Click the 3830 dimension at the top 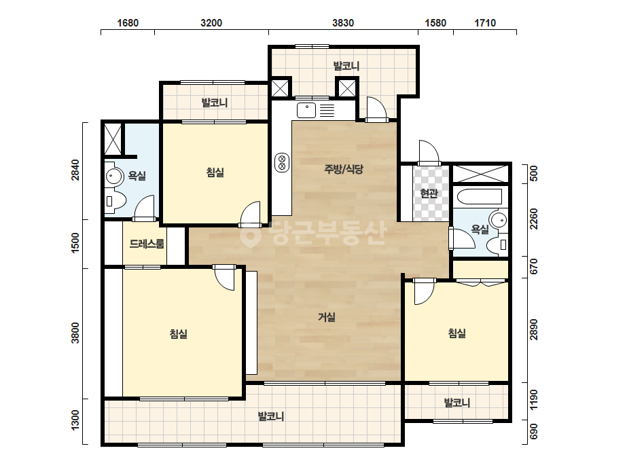click(342, 23)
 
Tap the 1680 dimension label click(128, 23)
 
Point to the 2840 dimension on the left click(75, 170)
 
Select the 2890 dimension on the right click(533, 330)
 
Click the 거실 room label click(326, 317)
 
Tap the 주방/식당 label click(344, 169)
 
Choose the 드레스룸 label click(147, 244)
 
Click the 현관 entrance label click(429, 194)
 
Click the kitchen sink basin click(306, 111)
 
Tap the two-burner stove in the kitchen click(282, 162)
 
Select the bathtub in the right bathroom click(480, 196)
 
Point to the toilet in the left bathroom click(115, 200)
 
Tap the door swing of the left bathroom click(144, 207)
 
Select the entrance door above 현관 click(429, 153)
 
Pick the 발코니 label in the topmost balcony click(346, 66)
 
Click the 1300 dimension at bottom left click(75, 420)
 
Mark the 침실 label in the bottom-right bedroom click(456, 333)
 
